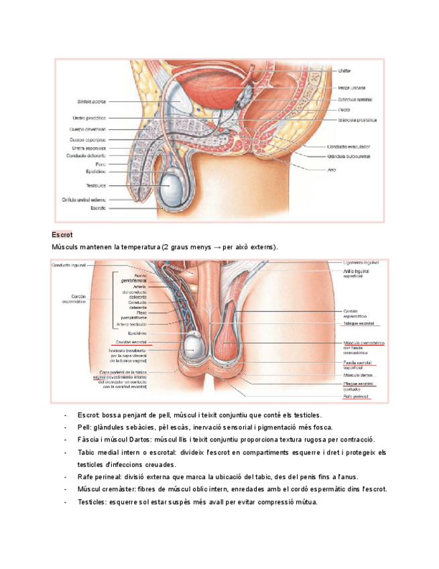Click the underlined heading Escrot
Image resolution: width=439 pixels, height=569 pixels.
(x=62, y=235)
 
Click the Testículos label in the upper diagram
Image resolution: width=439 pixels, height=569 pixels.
(x=95, y=185)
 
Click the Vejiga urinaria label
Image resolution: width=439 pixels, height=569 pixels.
(x=353, y=88)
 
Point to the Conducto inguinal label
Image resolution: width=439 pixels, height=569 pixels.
(x=68, y=266)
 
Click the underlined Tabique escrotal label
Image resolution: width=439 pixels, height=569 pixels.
(x=359, y=323)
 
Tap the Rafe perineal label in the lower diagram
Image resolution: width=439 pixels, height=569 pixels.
(x=356, y=397)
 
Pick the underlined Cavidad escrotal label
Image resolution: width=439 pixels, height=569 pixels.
(x=131, y=342)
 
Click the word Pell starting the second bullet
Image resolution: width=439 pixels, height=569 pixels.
(x=84, y=427)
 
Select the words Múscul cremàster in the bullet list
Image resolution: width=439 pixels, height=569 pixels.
(x=104, y=489)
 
